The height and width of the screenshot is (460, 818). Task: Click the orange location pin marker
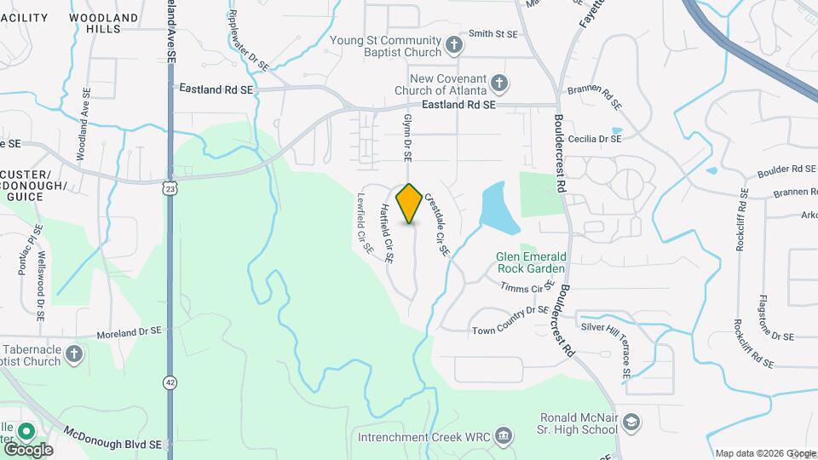410,203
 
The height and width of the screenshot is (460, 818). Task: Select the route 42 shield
171,382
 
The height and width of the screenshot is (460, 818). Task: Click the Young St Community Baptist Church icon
455,43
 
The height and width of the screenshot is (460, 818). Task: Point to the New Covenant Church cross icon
499,83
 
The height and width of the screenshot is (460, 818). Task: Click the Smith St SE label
493,34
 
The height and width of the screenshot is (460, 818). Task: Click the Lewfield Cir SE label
364,222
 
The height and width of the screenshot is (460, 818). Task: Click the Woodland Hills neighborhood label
103,23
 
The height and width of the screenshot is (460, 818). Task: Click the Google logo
28,449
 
